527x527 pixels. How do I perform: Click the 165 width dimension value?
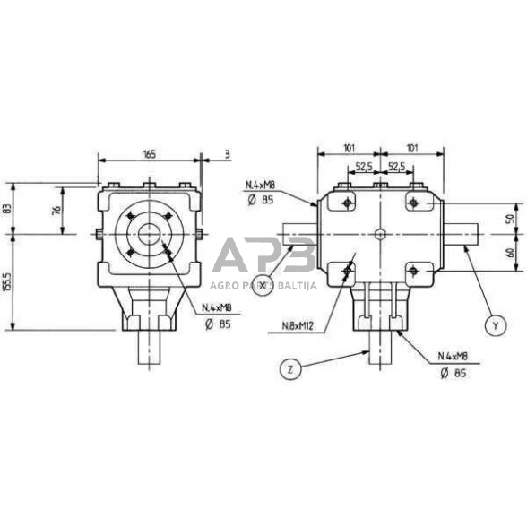pyautogui.click(x=149, y=154)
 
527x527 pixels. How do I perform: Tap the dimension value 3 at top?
pyautogui.click(x=228, y=154)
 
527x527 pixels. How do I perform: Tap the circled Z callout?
pyautogui.click(x=289, y=368)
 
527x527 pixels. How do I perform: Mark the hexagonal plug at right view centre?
pyautogui.click(x=381, y=235)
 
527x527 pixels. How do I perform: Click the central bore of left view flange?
pyautogui.click(x=149, y=235)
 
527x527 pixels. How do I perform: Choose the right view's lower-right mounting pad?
pyautogui.click(x=415, y=269)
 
